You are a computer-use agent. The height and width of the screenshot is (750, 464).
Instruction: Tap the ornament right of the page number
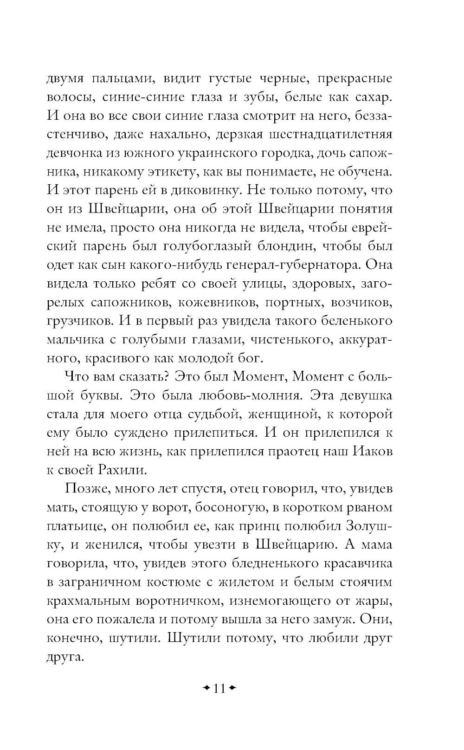tap(232, 688)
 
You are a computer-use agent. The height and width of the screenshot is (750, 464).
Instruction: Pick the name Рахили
tap(122, 470)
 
